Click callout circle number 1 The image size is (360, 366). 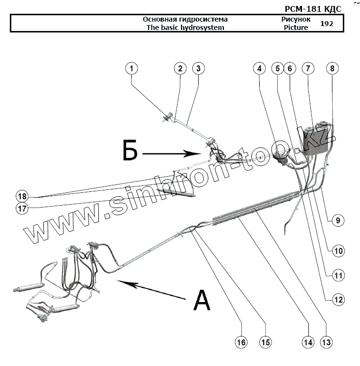click(x=131, y=68)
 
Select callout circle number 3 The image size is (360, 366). click(x=198, y=68)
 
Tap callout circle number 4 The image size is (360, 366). click(x=259, y=69)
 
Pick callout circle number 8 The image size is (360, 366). click(x=332, y=69)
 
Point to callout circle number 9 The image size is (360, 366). click(x=337, y=221)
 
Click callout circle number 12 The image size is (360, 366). click(x=338, y=299)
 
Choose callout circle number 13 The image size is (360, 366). click(x=326, y=342)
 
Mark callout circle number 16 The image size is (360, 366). click(x=240, y=342)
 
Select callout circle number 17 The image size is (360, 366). click(x=21, y=208)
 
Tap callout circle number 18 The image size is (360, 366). click(x=21, y=195)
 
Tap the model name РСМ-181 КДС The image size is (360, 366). click(x=312, y=8)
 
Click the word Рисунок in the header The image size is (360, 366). click(x=296, y=19)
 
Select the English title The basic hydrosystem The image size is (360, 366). click(x=185, y=28)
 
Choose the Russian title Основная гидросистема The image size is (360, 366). click(x=185, y=19)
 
